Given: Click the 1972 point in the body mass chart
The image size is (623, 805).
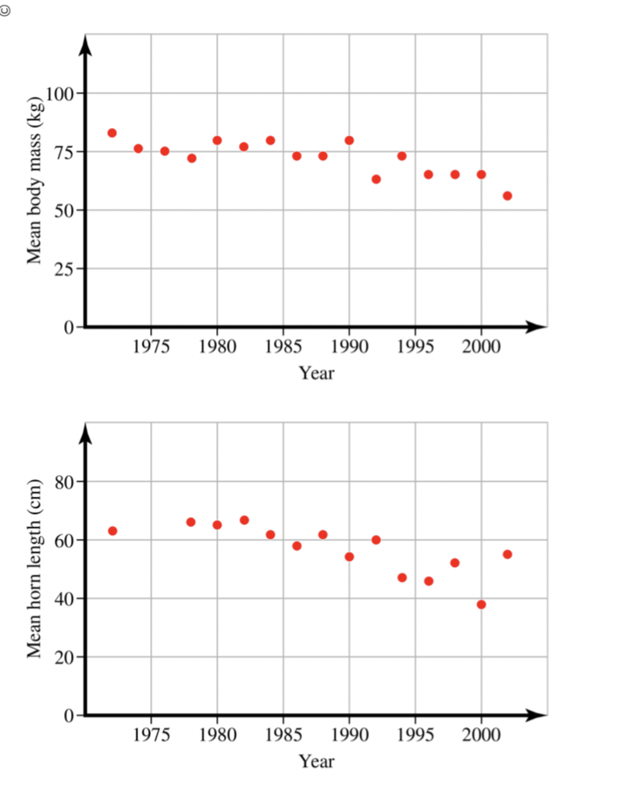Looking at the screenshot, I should tap(112, 133).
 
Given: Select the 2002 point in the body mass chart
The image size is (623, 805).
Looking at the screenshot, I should tap(507, 196).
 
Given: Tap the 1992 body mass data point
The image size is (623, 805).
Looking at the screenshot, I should tap(376, 179).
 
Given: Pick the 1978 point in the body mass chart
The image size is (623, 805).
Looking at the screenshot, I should tap(191, 158).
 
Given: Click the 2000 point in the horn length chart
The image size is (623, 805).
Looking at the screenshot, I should tap(481, 605).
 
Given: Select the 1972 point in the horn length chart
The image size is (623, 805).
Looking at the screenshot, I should tap(112, 531).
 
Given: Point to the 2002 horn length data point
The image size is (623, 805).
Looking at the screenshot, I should tap(507, 554).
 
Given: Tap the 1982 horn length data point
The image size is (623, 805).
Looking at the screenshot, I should tap(244, 520).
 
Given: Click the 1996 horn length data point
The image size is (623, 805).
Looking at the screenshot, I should tap(429, 581).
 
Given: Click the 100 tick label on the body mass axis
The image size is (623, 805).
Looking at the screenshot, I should tap(59, 94).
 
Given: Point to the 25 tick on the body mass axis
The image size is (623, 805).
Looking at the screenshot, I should tap(64, 269).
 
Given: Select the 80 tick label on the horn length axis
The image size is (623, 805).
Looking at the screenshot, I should tap(64, 482).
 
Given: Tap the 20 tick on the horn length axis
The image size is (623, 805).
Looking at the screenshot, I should tap(64, 658).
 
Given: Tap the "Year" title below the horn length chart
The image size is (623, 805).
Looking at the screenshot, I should tap(316, 761).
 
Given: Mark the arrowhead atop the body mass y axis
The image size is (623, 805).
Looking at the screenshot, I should tap(87, 45).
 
